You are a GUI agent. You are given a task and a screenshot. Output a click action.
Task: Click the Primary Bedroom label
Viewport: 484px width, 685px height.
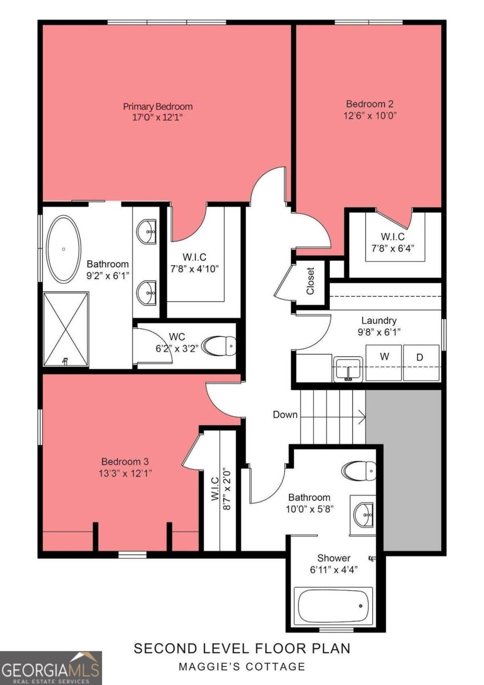coord(158,107)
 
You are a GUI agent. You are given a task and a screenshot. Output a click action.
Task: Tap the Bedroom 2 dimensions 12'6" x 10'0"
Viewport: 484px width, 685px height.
coord(370,116)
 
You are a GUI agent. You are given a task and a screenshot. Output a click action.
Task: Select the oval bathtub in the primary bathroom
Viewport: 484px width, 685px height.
coord(63,249)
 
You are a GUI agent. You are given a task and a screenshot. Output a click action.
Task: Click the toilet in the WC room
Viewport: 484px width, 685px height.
coord(220,346)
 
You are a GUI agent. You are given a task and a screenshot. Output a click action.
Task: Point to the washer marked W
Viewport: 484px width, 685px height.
coord(384,362)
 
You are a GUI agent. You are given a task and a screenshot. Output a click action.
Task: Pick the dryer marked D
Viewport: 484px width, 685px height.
coord(421,362)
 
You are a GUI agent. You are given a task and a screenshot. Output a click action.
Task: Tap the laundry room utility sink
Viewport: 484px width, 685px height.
coord(348,369)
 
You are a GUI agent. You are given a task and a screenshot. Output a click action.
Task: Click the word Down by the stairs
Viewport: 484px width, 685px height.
coord(285,414)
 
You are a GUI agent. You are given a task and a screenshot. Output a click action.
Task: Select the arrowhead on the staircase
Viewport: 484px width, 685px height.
coord(362,416)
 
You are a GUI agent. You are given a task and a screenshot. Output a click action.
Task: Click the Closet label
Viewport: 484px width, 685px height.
coord(310,281)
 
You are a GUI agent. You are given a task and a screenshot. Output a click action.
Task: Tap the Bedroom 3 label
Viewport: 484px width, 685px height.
coord(125,461)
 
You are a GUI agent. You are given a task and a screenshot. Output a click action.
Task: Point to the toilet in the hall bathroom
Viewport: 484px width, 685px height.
coord(359,470)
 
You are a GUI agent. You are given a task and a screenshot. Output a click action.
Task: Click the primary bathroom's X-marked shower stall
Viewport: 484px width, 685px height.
coord(66,329)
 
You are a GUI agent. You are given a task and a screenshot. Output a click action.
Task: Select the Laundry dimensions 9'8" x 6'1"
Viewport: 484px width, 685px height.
coord(379,332)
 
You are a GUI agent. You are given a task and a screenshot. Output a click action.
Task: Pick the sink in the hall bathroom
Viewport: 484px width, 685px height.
coord(364,515)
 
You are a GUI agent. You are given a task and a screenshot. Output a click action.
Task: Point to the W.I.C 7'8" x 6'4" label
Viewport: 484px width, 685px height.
coord(393,242)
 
